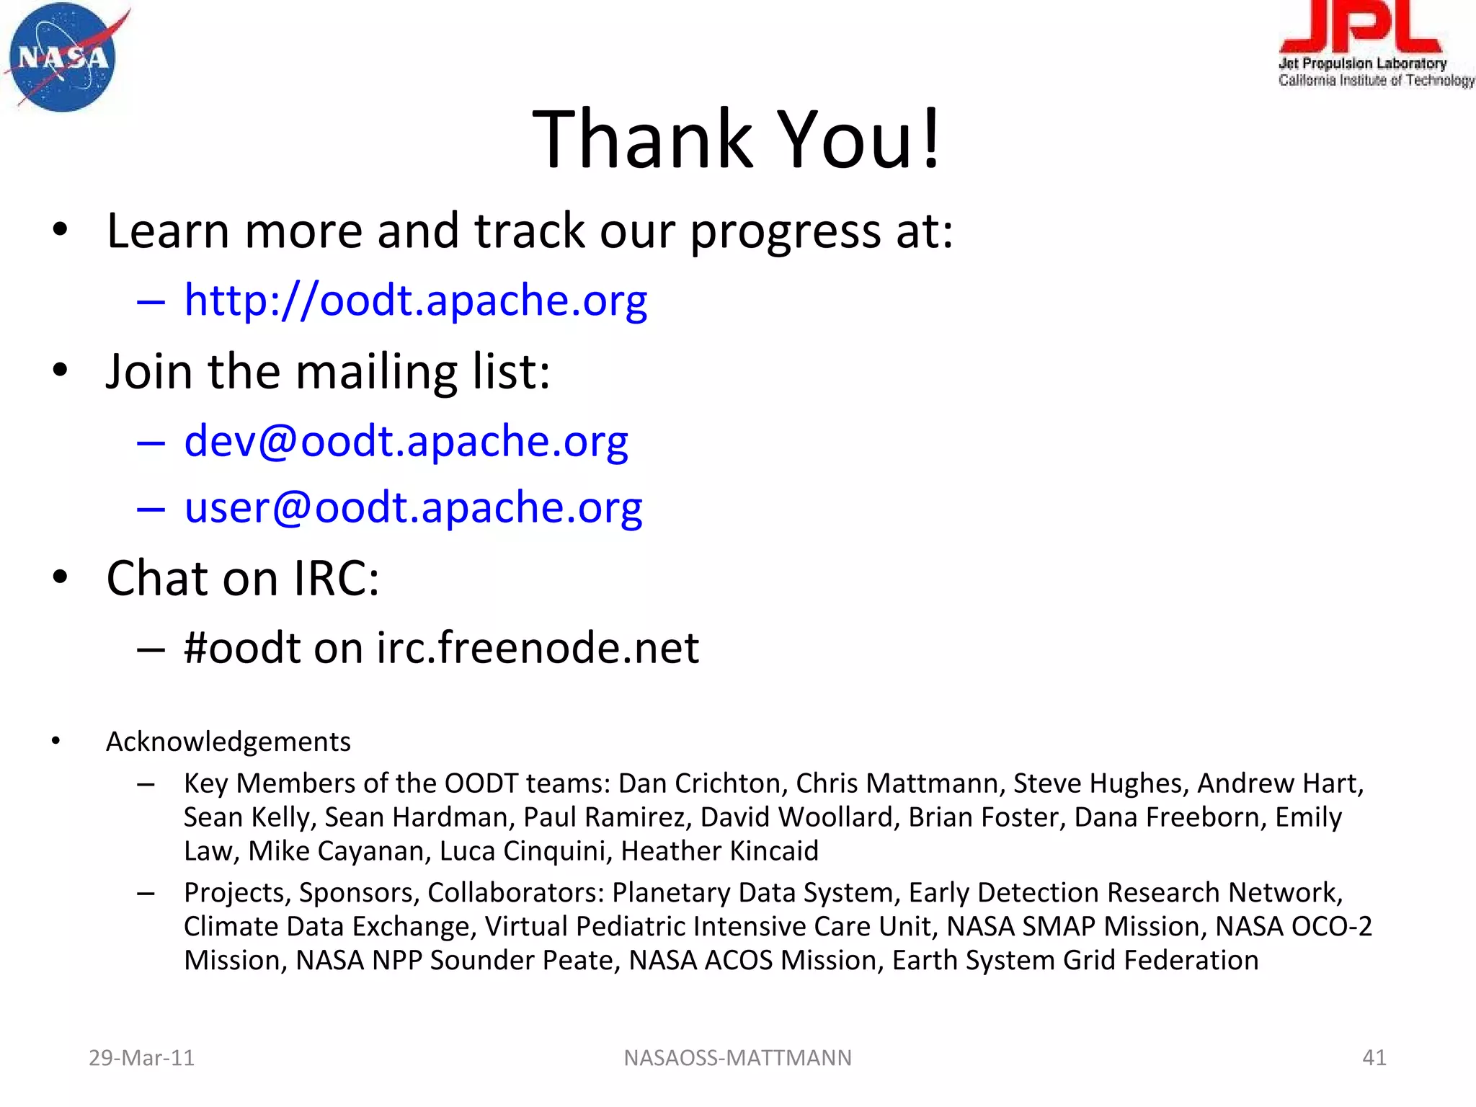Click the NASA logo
(63, 58)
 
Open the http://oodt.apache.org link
(415, 300)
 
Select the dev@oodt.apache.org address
(406, 440)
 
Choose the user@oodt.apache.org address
(413, 507)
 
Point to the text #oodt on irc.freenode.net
(441, 647)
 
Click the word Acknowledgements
(228, 742)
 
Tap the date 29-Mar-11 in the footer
(141, 1057)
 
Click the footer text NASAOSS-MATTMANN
(737, 1057)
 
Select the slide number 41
(1374, 1057)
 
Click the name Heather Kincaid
(719, 851)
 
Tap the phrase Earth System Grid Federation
(1075, 961)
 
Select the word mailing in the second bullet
(376, 372)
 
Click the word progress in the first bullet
(786, 232)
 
